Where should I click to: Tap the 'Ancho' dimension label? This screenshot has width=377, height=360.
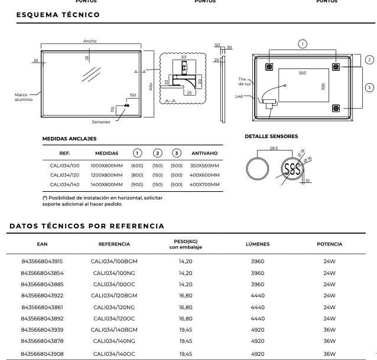[x=90, y=41]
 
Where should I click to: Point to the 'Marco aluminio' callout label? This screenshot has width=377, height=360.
[x=24, y=97]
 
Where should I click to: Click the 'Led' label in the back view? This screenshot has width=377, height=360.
[x=239, y=96]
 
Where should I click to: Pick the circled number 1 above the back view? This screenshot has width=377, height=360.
[x=303, y=44]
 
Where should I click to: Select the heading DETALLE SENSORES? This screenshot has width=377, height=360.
[x=271, y=136]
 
